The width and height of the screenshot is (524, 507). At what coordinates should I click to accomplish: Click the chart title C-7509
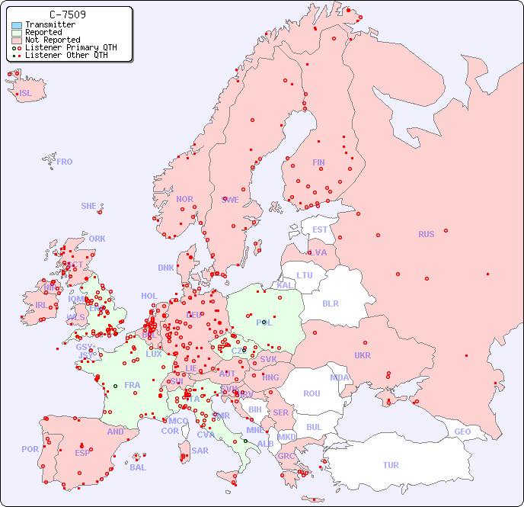pyautogui.click(x=67, y=14)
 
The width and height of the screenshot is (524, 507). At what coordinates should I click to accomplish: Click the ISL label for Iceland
pyautogui.click(x=26, y=94)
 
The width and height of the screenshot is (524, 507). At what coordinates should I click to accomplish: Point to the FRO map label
pyautogui.click(x=65, y=162)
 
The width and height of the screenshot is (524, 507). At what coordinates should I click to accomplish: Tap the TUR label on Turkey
pyautogui.click(x=391, y=465)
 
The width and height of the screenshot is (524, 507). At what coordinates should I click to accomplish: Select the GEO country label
pyautogui.click(x=462, y=432)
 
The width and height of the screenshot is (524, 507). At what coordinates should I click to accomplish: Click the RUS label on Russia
pyautogui.click(x=426, y=234)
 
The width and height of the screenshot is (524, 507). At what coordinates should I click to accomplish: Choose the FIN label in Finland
pyautogui.click(x=318, y=162)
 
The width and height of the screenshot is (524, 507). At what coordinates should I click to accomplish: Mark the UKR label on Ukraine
pyautogui.click(x=363, y=355)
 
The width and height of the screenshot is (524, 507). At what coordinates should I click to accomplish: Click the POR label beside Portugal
pyautogui.click(x=30, y=449)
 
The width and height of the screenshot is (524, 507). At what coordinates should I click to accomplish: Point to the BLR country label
pyautogui.click(x=331, y=303)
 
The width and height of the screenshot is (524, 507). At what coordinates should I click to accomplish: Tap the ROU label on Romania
pyautogui.click(x=312, y=393)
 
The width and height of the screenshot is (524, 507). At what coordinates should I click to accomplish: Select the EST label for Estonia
pyautogui.click(x=320, y=229)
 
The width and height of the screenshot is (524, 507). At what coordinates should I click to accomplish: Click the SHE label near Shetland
pyautogui.click(x=89, y=206)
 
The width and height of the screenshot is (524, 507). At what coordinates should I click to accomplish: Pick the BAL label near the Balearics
pyautogui.click(x=138, y=467)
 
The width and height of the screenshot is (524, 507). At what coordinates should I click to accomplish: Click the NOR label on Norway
pyautogui.click(x=184, y=199)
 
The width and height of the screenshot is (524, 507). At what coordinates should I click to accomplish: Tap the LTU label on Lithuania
pyautogui.click(x=305, y=275)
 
